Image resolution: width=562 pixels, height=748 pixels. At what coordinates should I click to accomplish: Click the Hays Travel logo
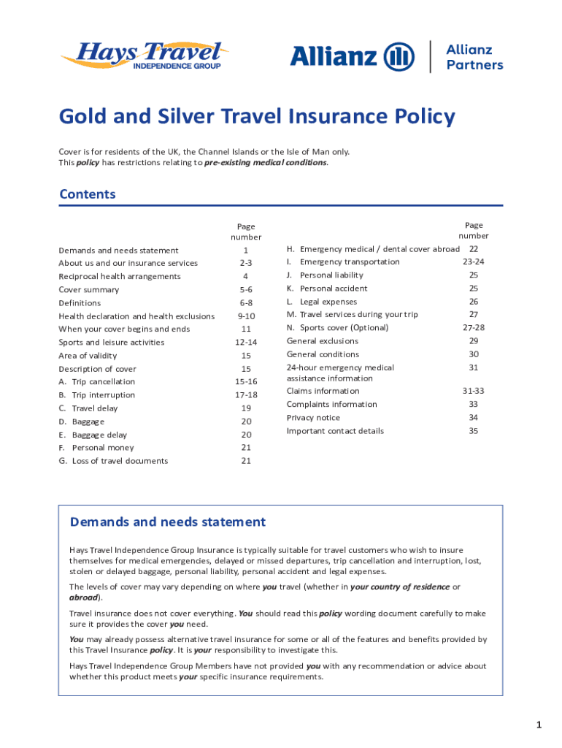pos(145,56)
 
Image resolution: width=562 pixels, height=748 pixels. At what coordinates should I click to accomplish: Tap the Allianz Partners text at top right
pos(474,57)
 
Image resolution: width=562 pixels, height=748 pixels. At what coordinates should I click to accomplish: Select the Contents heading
pos(88,194)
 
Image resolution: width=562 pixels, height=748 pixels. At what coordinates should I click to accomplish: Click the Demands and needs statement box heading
pos(167,522)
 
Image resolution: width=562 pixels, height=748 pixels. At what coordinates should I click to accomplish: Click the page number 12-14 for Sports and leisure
pos(245,343)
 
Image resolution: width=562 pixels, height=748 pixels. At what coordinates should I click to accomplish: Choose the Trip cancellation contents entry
pos(102,382)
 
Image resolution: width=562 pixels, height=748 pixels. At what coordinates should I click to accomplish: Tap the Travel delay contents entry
pos(94,408)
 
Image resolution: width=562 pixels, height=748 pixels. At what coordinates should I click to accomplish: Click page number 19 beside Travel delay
pos(245,408)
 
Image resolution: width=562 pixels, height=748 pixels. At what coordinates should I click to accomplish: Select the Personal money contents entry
pos(102,448)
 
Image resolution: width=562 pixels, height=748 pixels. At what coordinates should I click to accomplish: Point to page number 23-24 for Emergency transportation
pos(473,262)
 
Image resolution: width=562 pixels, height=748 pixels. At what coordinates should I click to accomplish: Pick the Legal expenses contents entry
pos(328,302)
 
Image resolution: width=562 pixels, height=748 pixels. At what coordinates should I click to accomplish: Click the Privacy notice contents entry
pos(313,418)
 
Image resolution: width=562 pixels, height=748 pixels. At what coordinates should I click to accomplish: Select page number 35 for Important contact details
pos(473,431)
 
